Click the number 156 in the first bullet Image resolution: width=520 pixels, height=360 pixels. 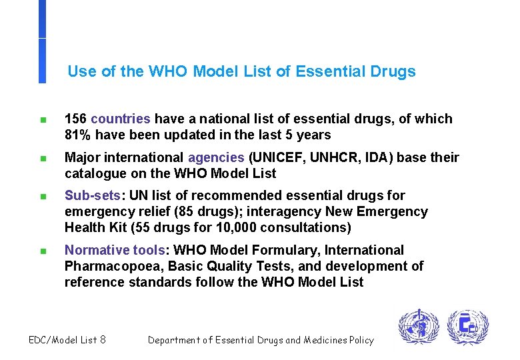click(75, 119)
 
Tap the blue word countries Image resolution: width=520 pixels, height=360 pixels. click(121, 119)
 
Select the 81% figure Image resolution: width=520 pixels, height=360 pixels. click(78, 135)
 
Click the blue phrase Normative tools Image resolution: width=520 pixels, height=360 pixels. click(115, 251)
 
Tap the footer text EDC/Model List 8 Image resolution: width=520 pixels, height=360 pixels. click(67, 340)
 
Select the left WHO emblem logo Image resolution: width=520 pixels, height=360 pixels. click(419, 327)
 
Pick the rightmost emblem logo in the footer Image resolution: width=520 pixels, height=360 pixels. click(467, 327)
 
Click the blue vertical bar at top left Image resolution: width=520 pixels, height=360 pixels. click(42, 40)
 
